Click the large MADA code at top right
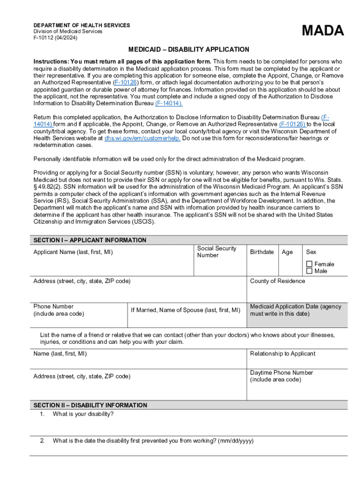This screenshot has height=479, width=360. [x=323, y=31]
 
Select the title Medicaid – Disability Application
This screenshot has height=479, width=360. [x=189, y=50]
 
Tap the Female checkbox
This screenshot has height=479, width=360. [x=309, y=264]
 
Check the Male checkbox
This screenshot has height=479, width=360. [x=309, y=271]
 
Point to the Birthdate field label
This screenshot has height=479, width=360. [x=262, y=252]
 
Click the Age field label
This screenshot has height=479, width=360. [x=287, y=252]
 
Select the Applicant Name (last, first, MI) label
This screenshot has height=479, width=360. [x=73, y=253]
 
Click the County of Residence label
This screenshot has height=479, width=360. [x=277, y=281]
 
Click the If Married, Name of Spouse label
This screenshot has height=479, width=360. [x=185, y=310]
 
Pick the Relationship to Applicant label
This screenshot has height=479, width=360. [x=282, y=354]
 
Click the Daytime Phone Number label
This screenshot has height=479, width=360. [x=281, y=373]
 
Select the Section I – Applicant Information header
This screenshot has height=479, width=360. [x=90, y=240]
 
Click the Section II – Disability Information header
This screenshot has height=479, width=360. [x=90, y=405]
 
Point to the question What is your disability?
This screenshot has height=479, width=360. [x=83, y=414]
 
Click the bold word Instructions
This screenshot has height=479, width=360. [x=50, y=62]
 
